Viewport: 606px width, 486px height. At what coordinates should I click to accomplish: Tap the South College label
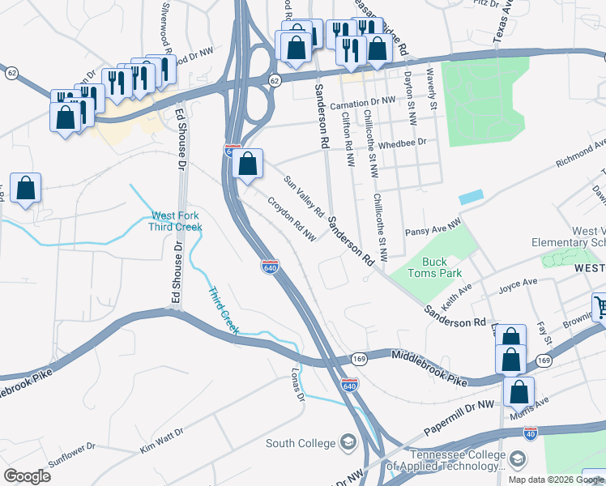click(x=300, y=443)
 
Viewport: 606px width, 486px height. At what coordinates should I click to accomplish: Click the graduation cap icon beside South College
click(x=348, y=442)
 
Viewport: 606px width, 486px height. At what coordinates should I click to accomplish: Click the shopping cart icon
click(x=600, y=305)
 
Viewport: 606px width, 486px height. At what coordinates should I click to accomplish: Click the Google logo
click(x=27, y=476)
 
